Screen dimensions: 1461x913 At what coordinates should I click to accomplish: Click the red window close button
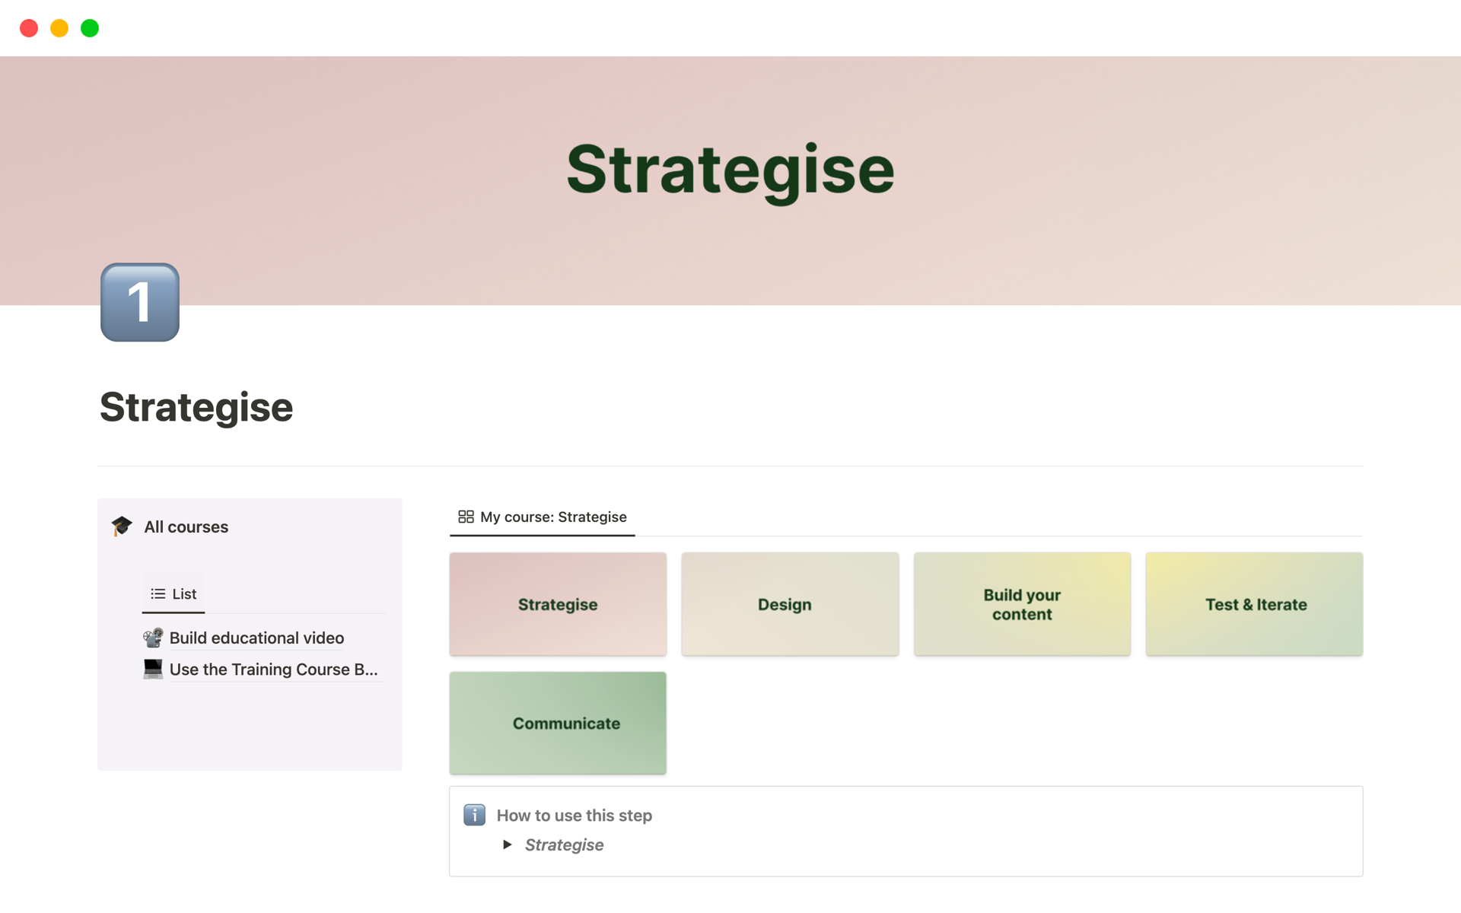click(29, 28)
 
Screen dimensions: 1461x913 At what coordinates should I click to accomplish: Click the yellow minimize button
click(59, 28)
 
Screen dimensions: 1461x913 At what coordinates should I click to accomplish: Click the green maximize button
click(90, 28)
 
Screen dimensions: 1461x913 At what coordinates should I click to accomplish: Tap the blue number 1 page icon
click(140, 302)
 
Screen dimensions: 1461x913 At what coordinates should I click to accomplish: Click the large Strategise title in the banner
click(730, 170)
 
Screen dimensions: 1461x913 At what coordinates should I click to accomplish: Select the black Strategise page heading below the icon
click(196, 407)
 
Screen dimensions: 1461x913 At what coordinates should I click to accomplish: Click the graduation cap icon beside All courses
click(122, 526)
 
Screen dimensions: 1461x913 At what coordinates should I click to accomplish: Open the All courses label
click(186, 526)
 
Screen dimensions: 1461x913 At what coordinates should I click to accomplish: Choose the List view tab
click(173, 593)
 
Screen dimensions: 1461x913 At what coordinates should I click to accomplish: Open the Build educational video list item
click(256, 638)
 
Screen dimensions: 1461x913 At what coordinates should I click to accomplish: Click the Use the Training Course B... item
click(273, 670)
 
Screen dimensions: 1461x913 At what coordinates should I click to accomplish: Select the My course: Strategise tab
click(543, 517)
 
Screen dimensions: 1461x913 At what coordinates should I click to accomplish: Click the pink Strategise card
click(558, 604)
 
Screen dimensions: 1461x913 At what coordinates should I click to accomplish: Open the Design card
click(790, 604)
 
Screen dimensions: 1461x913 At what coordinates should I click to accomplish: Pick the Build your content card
click(1022, 604)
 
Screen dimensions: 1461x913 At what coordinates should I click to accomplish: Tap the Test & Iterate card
click(1254, 604)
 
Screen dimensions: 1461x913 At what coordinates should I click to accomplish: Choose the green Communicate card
click(558, 723)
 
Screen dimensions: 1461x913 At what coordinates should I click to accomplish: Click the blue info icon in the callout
click(474, 815)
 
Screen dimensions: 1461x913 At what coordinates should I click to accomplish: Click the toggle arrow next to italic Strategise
click(508, 845)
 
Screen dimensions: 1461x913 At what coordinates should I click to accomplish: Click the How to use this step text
click(575, 816)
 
